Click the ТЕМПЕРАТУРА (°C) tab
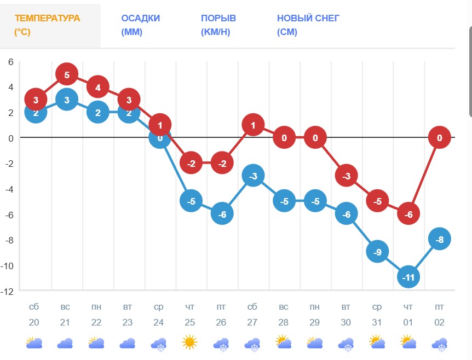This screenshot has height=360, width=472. click(47, 25)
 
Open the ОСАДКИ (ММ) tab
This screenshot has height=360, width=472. click(141, 25)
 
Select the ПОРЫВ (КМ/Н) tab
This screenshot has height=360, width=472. click(215, 25)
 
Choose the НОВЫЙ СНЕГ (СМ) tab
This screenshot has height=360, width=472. click(308, 25)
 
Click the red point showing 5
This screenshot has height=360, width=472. click(66, 74)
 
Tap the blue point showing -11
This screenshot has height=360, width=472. click(408, 277)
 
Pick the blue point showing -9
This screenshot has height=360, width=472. click(377, 252)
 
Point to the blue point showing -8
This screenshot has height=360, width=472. click(439, 239)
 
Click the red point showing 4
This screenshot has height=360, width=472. click(97, 87)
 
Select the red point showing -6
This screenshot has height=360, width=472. click(408, 214)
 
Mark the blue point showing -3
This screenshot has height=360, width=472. click(252, 176)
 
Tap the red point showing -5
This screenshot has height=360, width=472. click(377, 201)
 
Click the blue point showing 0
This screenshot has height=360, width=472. click(160, 139)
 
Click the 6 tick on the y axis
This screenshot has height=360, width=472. click(10, 61)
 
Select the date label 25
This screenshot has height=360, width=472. click(189, 323)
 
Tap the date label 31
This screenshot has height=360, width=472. click(377, 323)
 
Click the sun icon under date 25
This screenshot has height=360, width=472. click(189, 343)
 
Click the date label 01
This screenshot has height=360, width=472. click(408, 323)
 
